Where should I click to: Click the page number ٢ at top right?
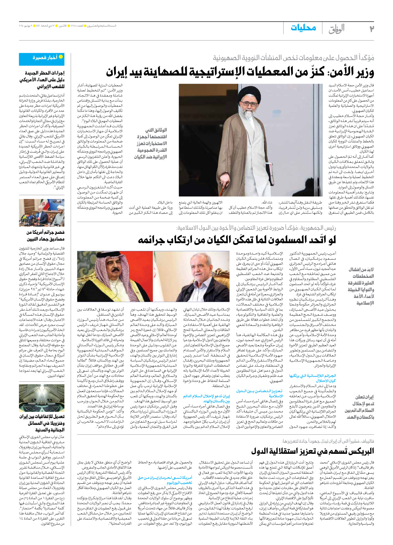click(x=371, y=29)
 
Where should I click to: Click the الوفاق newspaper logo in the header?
click(x=336, y=29)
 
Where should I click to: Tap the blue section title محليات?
click(x=303, y=28)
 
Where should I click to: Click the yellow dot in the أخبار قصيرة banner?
click(x=61, y=57)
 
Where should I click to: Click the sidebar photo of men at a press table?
click(x=42, y=213)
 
